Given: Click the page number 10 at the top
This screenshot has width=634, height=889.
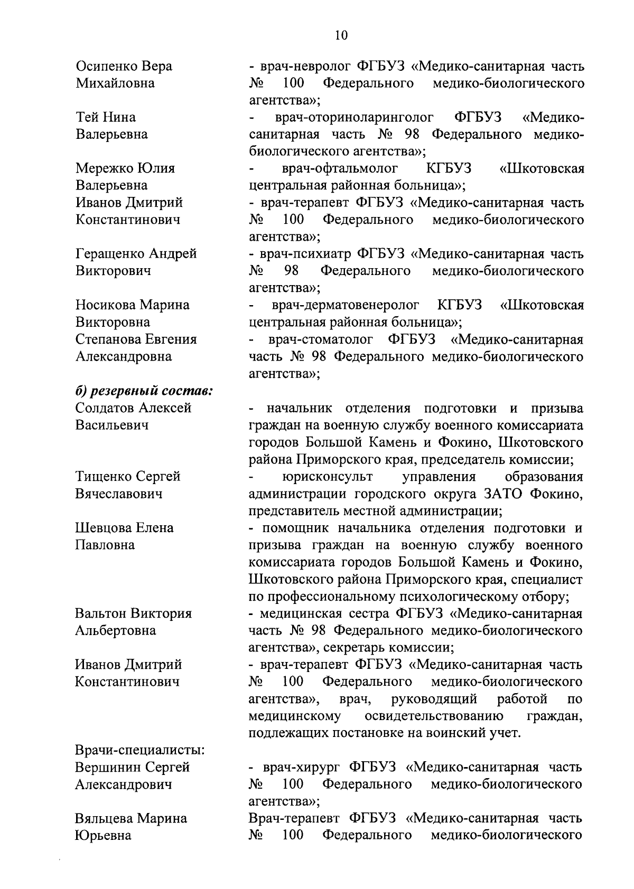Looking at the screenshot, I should (341, 35).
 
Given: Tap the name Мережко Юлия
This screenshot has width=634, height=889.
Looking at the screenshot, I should (125, 168).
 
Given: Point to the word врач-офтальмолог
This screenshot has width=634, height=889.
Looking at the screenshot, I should (340, 168).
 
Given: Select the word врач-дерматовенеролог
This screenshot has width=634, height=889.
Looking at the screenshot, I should (346, 305).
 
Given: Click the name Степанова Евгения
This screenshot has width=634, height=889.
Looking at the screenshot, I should (136, 339).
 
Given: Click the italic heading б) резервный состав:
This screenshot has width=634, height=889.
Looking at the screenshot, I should (144, 391).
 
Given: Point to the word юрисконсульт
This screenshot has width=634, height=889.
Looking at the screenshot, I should (328, 477).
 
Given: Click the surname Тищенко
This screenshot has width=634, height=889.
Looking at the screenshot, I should (104, 477).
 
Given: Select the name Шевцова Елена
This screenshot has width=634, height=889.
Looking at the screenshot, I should (124, 528).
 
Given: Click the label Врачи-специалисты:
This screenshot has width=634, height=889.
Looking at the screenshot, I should (139, 750).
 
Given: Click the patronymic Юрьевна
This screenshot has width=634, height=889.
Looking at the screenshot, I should (103, 836).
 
